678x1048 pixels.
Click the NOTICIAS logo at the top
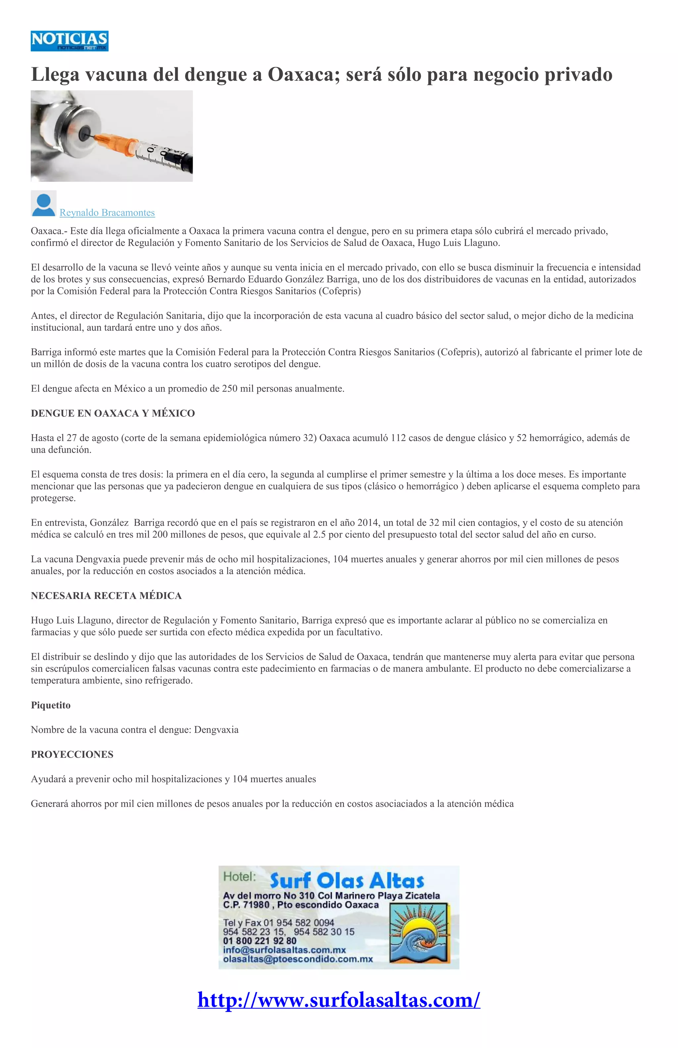pos(70,41)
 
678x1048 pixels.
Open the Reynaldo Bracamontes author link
pos(107,213)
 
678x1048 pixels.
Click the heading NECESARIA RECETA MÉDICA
pos(106,596)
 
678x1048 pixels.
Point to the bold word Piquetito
pos(51,705)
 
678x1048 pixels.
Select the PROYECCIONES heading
pos(72,754)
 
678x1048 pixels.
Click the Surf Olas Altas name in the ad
pos(347,881)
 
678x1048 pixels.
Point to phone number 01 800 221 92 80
pos(260,941)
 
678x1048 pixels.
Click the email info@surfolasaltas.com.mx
pos(284,950)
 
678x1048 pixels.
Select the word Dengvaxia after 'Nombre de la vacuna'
pos(216,730)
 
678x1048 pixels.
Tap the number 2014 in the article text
pos(367,523)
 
